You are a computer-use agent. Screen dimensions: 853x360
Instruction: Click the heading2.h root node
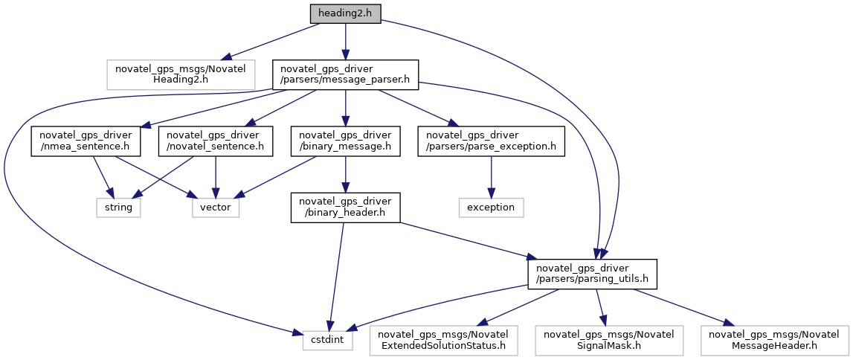(x=346, y=13)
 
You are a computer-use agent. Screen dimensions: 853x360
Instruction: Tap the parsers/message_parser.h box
(x=346, y=74)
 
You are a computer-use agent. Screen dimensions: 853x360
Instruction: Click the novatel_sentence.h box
(x=216, y=141)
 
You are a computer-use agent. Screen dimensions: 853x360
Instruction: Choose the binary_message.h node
(x=346, y=141)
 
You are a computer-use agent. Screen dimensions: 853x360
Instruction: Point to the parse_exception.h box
(x=492, y=141)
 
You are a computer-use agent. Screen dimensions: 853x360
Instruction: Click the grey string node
(x=118, y=208)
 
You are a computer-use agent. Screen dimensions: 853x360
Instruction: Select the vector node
(x=216, y=208)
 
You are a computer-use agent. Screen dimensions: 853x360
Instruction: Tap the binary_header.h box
(x=346, y=208)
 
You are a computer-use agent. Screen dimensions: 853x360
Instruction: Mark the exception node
(x=492, y=208)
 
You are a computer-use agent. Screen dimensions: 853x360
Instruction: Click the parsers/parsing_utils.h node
(x=592, y=274)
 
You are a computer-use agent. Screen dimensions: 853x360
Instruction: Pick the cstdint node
(x=328, y=341)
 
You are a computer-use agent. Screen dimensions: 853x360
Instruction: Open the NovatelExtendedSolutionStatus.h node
(x=443, y=341)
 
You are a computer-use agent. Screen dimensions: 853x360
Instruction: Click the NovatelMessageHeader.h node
(x=772, y=341)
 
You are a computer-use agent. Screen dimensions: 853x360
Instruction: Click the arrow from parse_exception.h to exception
(x=492, y=177)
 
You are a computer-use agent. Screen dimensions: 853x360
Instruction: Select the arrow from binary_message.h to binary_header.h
(x=346, y=174)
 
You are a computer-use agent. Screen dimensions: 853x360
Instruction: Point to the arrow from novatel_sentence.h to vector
(x=216, y=177)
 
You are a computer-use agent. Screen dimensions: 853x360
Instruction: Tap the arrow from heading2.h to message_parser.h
(x=346, y=42)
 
